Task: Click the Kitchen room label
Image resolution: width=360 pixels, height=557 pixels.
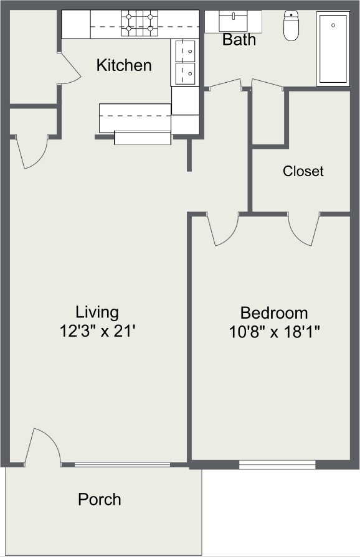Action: point(124,65)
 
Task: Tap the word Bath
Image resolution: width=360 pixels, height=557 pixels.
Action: point(239,40)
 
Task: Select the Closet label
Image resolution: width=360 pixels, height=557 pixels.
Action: point(303,171)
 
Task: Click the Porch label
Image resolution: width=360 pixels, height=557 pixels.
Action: point(100,499)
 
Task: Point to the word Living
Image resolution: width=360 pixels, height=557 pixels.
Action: point(97,312)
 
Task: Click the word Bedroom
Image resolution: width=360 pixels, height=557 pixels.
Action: point(274,313)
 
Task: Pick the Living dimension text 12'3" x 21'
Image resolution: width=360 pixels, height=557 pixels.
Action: point(98,331)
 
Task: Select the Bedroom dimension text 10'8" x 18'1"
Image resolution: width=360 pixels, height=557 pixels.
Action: point(274,332)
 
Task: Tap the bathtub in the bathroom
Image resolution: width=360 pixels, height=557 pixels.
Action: point(334,48)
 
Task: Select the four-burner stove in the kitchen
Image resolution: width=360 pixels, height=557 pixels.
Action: point(140,23)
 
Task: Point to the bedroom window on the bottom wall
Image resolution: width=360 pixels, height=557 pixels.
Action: point(277,464)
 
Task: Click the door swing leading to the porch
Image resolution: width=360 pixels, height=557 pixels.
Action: point(44,447)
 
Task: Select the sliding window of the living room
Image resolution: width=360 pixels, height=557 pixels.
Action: point(122,464)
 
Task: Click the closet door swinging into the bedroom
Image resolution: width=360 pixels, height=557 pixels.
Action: point(304,229)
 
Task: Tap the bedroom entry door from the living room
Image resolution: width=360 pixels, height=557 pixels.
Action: point(224,229)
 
